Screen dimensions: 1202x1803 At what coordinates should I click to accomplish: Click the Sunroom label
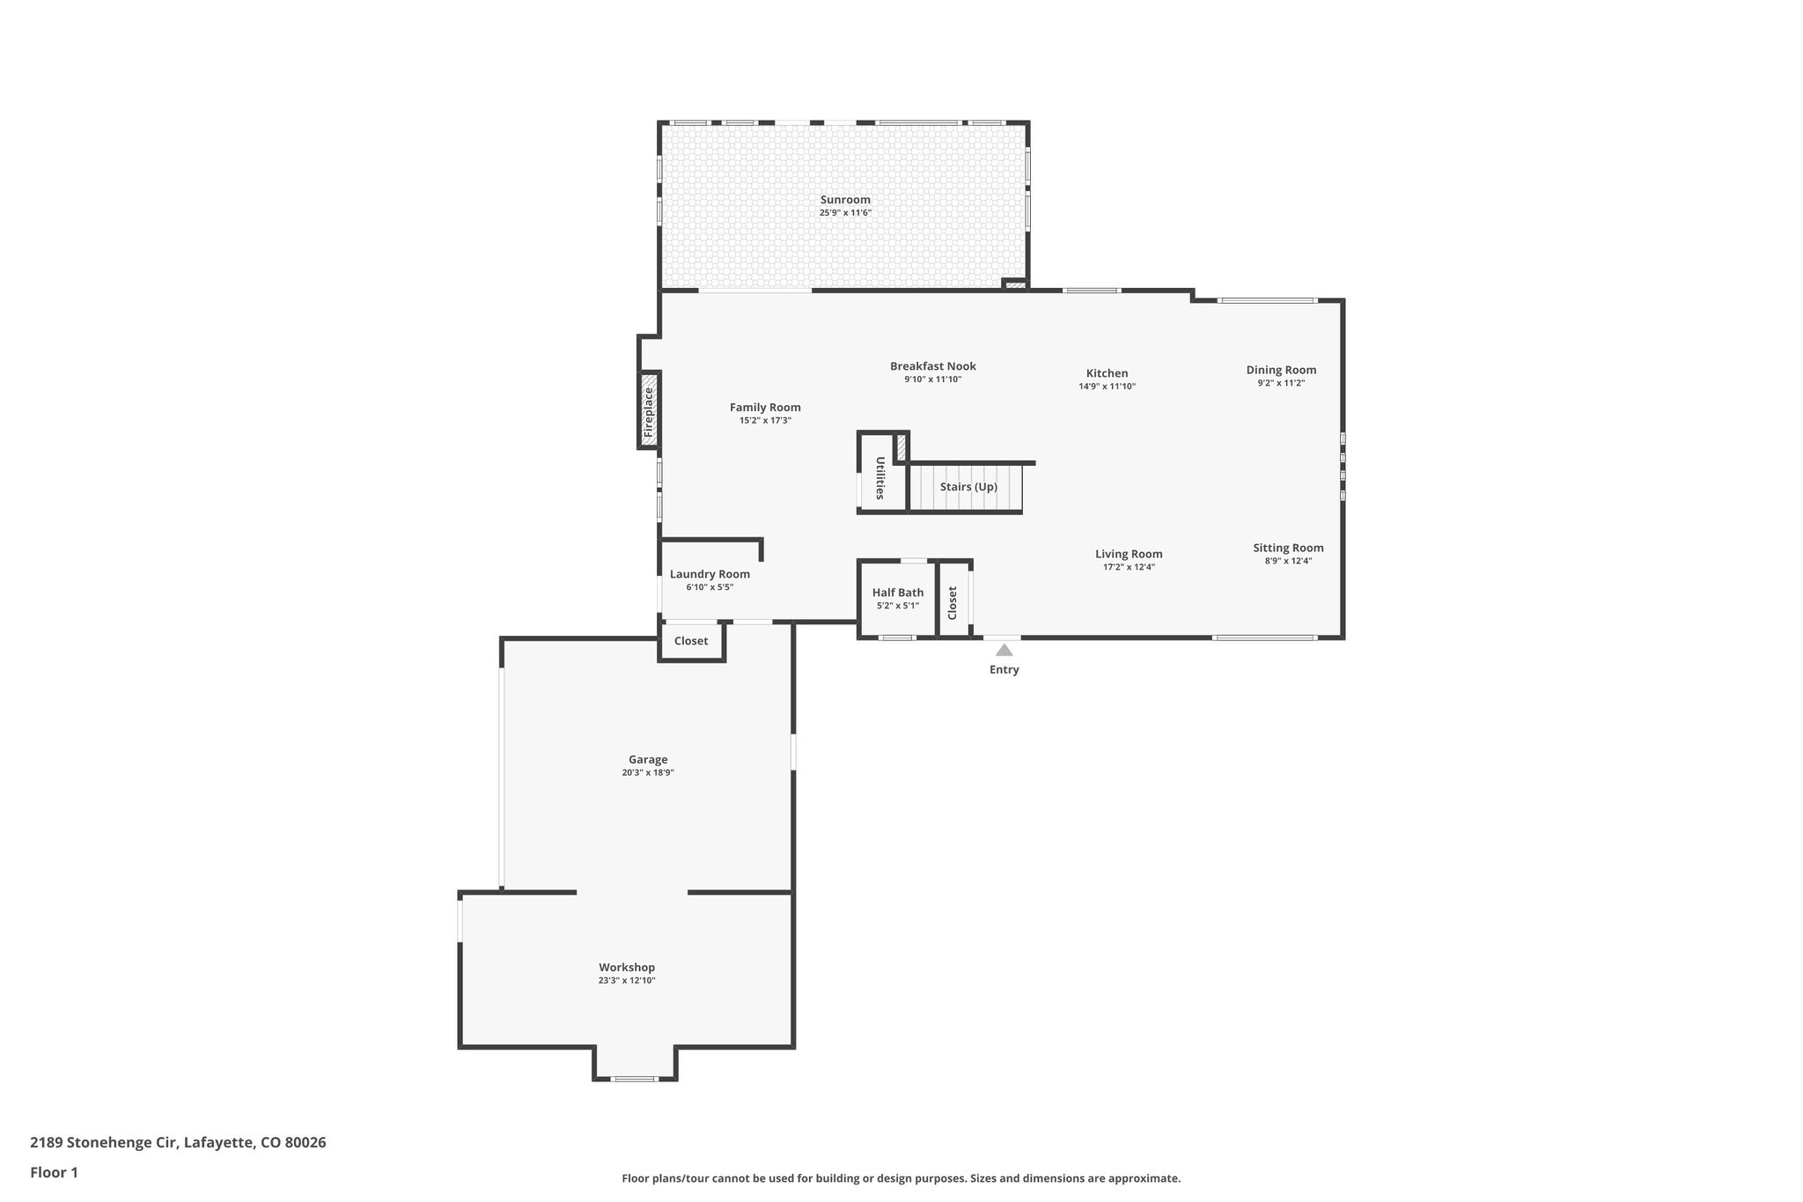click(845, 200)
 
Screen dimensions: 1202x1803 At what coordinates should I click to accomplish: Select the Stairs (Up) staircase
click(967, 488)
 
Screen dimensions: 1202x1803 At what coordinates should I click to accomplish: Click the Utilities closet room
click(880, 478)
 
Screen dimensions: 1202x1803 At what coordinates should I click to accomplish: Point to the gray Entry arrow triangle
click(1004, 651)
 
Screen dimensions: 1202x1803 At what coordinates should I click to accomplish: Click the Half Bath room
click(897, 599)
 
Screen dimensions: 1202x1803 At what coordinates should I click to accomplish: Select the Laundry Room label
click(710, 574)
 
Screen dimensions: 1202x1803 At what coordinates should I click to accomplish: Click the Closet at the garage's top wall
click(691, 641)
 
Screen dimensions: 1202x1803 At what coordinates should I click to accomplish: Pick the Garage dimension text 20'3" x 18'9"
click(647, 773)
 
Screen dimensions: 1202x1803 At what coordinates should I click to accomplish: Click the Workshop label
click(627, 968)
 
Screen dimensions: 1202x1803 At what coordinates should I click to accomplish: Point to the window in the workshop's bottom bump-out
click(634, 1079)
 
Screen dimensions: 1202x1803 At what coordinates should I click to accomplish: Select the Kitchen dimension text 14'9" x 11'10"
click(1107, 387)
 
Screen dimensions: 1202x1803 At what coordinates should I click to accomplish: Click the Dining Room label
click(1281, 370)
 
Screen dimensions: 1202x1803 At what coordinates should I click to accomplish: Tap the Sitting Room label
click(1288, 548)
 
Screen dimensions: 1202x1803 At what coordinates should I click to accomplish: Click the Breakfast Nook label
click(932, 366)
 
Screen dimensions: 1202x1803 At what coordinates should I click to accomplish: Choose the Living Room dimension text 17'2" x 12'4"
click(1129, 567)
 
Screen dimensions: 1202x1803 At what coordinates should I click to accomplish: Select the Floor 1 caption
click(54, 1172)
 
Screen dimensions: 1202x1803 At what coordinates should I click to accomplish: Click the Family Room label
click(765, 407)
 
